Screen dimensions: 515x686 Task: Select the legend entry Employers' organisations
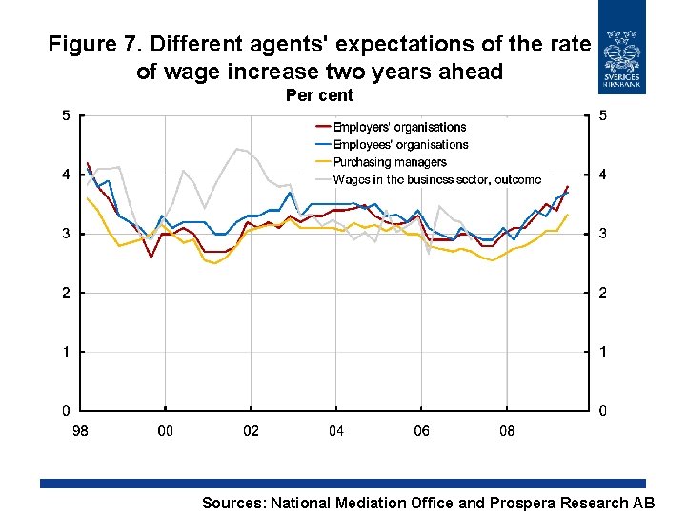(x=399, y=127)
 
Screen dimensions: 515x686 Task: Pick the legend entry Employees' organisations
(x=400, y=145)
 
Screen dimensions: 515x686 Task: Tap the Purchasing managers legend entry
(x=389, y=162)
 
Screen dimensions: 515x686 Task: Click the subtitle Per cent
(x=319, y=95)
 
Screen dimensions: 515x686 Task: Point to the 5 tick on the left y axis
(x=66, y=116)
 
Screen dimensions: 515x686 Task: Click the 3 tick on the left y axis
(x=66, y=234)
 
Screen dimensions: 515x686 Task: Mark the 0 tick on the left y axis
(x=66, y=411)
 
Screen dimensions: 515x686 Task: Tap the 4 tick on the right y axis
(x=602, y=175)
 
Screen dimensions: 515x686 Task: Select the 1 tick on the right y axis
(x=602, y=352)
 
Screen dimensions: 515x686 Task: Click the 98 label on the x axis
(x=81, y=431)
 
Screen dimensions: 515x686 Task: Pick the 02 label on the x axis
(x=251, y=431)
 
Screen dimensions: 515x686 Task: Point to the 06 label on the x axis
(x=421, y=431)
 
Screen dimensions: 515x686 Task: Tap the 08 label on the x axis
(x=507, y=431)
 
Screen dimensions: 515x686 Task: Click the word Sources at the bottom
(x=234, y=503)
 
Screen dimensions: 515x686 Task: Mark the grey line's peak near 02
(x=238, y=149)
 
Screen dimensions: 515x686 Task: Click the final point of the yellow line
(x=568, y=215)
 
